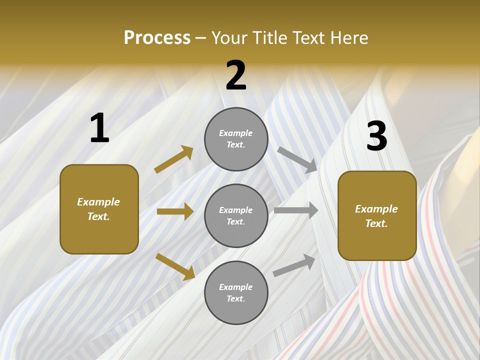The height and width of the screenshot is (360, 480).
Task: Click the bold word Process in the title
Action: point(157,37)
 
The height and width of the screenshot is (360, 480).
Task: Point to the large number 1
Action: point(99,128)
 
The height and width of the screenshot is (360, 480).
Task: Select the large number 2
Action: point(236,75)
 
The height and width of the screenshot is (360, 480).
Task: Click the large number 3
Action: point(376,136)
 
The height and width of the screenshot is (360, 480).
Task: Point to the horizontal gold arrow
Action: point(175,211)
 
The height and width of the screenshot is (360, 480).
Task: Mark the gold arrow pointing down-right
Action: point(175,266)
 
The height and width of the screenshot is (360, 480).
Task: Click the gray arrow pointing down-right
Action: point(297,159)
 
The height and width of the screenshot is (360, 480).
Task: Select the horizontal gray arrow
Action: point(296,210)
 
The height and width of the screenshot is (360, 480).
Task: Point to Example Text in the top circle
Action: point(236,139)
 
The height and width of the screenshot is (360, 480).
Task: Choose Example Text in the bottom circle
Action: point(236,293)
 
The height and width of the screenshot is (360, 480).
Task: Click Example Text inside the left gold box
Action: point(99,209)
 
